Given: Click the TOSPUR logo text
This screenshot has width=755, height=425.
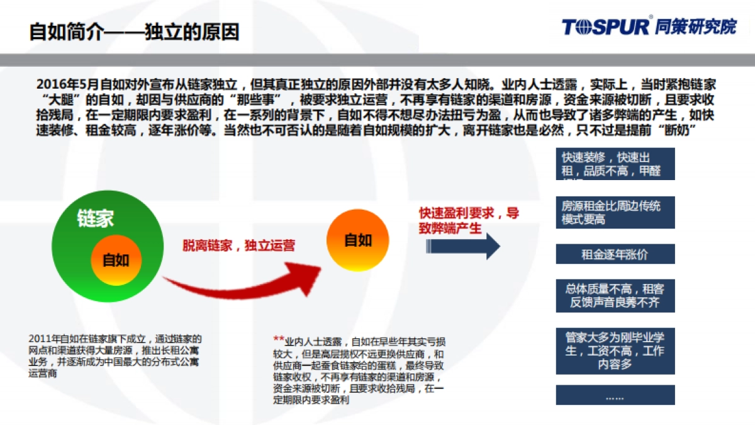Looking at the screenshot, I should click(x=605, y=26).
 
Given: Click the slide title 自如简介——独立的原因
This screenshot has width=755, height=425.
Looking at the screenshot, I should click(x=134, y=31).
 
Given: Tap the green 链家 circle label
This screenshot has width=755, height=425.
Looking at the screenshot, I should click(x=95, y=219).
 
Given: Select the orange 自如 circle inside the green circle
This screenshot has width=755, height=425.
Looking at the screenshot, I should click(x=116, y=260).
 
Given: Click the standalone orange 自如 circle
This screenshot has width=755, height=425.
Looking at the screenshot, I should click(x=357, y=240).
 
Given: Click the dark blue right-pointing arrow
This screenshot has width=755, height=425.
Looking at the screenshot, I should click(x=462, y=246).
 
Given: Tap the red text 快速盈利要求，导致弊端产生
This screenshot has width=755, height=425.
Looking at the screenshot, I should click(x=469, y=220).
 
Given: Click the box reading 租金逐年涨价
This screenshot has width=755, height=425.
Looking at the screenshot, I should click(x=615, y=254).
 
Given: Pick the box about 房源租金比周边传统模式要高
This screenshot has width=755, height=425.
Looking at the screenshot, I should click(x=615, y=212).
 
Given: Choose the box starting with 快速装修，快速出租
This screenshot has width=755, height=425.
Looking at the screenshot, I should click(x=615, y=164).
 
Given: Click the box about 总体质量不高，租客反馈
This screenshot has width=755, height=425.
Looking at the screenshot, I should click(x=615, y=296).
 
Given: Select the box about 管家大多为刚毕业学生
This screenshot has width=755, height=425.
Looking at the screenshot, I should click(x=615, y=351).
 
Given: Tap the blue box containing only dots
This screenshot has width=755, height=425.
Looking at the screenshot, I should click(x=615, y=395).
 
